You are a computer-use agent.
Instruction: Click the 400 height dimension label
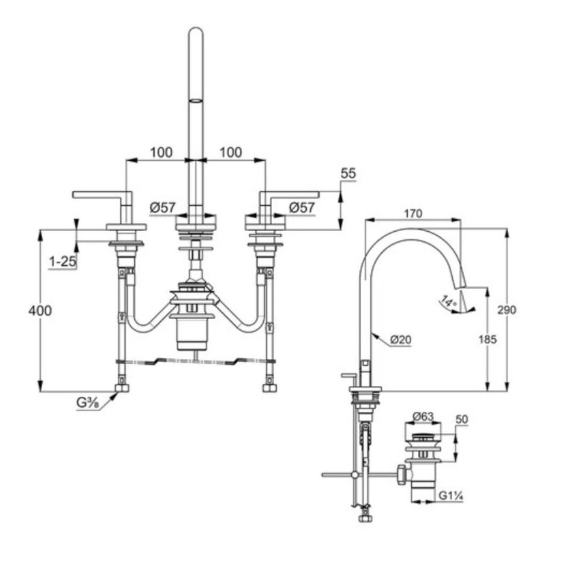(39, 311)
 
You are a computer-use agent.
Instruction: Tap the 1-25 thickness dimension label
(61, 262)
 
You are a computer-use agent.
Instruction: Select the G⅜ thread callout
(88, 402)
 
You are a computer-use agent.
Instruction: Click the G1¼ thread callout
(450, 496)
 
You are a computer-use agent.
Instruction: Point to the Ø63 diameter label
(423, 416)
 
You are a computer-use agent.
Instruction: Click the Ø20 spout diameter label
(400, 340)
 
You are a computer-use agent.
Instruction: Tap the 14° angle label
(447, 300)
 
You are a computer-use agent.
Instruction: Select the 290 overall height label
(507, 310)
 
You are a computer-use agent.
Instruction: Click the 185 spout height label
(488, 340)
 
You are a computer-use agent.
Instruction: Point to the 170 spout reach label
(413, 214)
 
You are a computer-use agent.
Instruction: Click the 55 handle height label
(348, 173)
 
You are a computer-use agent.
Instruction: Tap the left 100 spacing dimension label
(161, 152)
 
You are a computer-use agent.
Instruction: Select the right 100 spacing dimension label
(230, 152)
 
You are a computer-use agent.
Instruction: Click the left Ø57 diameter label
(162, 208)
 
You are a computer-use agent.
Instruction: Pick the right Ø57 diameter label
(302, 208)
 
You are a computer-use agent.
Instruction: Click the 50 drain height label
(462, 419)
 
